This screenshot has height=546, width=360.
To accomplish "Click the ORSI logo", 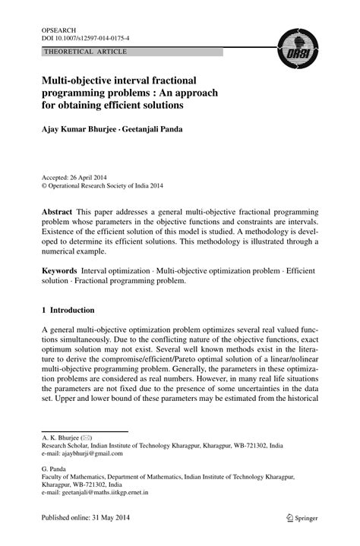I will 296,50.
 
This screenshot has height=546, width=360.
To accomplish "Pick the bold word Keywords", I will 60,271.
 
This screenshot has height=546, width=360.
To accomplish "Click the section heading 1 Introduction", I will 68,310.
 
